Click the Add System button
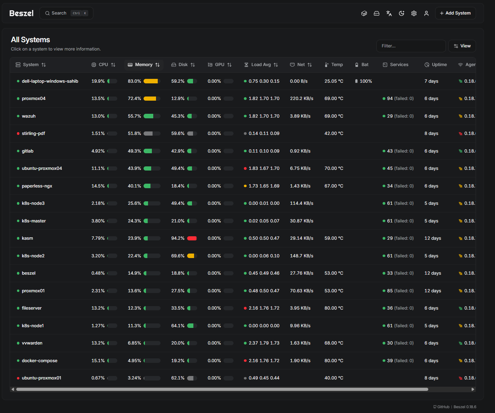(455, 13)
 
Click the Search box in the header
(66, 13)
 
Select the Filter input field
(411, 46)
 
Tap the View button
(462, 46)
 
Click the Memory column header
(144, 65)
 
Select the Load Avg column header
(261, 65)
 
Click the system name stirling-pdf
(33, 134)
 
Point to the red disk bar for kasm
(192, 238)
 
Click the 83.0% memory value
(134, 81)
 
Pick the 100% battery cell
(364, 81)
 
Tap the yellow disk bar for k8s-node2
(191, 256)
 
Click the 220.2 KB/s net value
(301, 99)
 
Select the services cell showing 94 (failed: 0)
(398, 99)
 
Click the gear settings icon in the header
(414, 13)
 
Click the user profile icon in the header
(426, 13)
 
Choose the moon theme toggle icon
(401, 13)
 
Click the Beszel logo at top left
(21, 13)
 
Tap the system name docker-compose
(39, 361)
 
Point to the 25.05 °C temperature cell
(334, 81)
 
